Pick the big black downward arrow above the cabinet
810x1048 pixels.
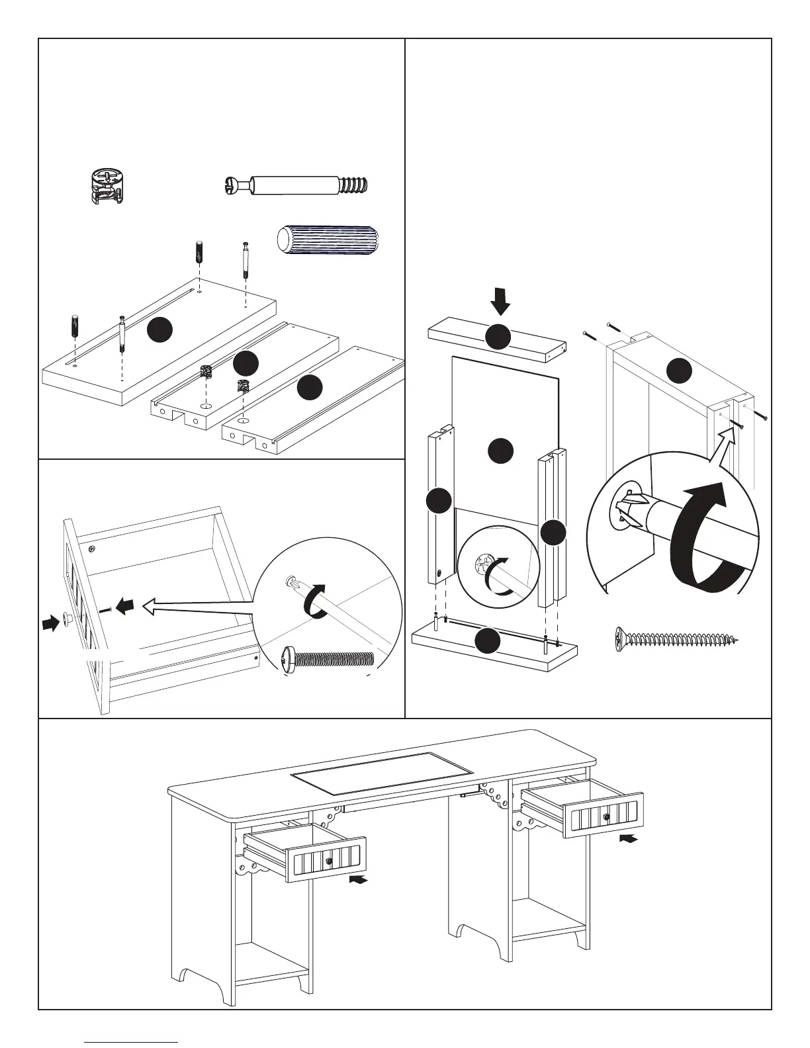(501, 304)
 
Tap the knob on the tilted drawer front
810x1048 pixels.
(67, 618)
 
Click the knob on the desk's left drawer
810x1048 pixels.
(329, 861)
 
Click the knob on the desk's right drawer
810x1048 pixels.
(606, 817)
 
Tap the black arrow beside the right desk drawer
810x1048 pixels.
(631, 838)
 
